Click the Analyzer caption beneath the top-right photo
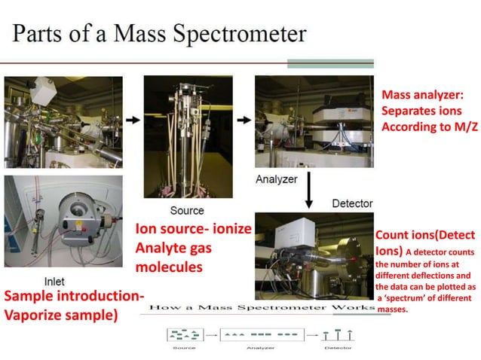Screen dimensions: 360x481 276,180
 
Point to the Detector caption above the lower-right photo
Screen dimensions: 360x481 352,203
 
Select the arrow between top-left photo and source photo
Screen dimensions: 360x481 133,120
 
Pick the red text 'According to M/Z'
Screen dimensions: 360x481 430,127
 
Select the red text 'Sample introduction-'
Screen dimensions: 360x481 74,295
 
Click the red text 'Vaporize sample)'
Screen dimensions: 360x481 61,316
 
